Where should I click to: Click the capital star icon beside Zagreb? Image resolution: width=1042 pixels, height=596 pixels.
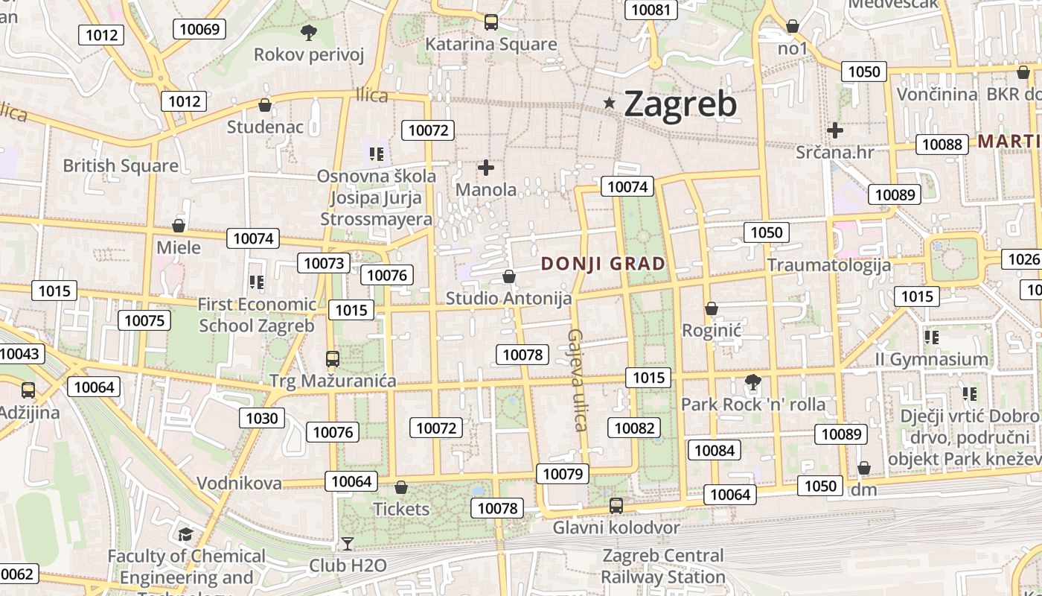click(610, 103)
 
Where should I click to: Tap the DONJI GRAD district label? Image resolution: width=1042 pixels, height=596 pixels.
click(603, 264)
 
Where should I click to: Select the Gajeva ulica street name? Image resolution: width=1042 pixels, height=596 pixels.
click(578, 380)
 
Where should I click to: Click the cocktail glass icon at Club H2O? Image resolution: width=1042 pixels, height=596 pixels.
click(347, 543)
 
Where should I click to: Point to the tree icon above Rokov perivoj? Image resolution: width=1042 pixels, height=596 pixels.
click(308, 32)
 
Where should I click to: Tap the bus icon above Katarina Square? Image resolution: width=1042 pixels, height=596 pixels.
click(491, 22)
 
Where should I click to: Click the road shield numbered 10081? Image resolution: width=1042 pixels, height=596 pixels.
click(651, 10)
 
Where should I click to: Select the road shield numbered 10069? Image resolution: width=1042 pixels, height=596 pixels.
click(199, 29)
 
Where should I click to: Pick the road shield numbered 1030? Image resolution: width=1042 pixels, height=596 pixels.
click(262, 418)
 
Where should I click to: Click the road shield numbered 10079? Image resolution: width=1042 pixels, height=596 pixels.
click(563, 473)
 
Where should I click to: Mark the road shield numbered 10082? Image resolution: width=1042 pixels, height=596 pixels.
click(634, 428)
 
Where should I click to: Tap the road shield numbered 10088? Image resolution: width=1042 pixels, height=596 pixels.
click(942, 144)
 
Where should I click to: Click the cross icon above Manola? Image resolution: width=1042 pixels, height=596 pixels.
click(486, 168)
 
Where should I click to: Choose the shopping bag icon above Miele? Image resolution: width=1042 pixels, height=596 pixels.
click(179, 226)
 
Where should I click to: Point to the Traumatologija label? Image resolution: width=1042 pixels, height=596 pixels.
click(828, 264)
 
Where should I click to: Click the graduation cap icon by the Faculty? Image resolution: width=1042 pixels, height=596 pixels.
click(185, 534)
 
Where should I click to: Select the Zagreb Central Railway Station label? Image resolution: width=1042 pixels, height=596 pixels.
click(662, 566)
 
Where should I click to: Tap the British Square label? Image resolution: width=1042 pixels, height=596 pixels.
click(121, 165)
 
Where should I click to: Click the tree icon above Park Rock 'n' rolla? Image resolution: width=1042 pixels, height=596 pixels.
click(752, 382)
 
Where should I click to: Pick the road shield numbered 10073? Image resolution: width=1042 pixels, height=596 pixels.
click(325, 262)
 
